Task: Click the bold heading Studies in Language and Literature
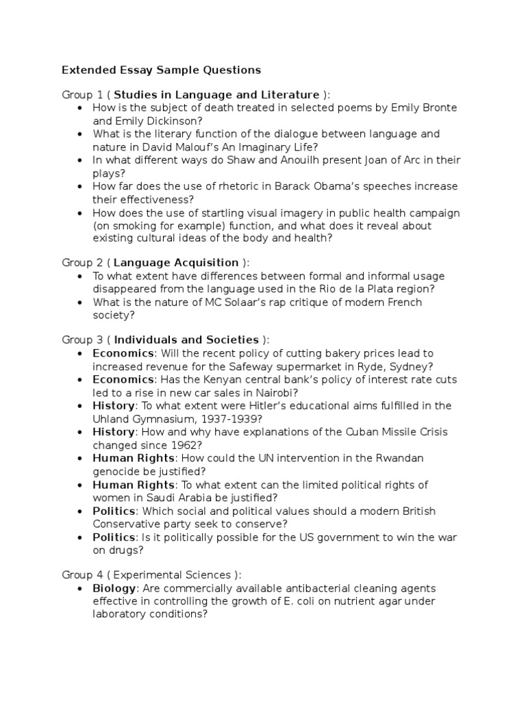coord(216,94)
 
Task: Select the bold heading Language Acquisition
coord(176,262)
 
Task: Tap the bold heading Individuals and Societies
coord(186,340)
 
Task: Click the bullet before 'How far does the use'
coord(82,186)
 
